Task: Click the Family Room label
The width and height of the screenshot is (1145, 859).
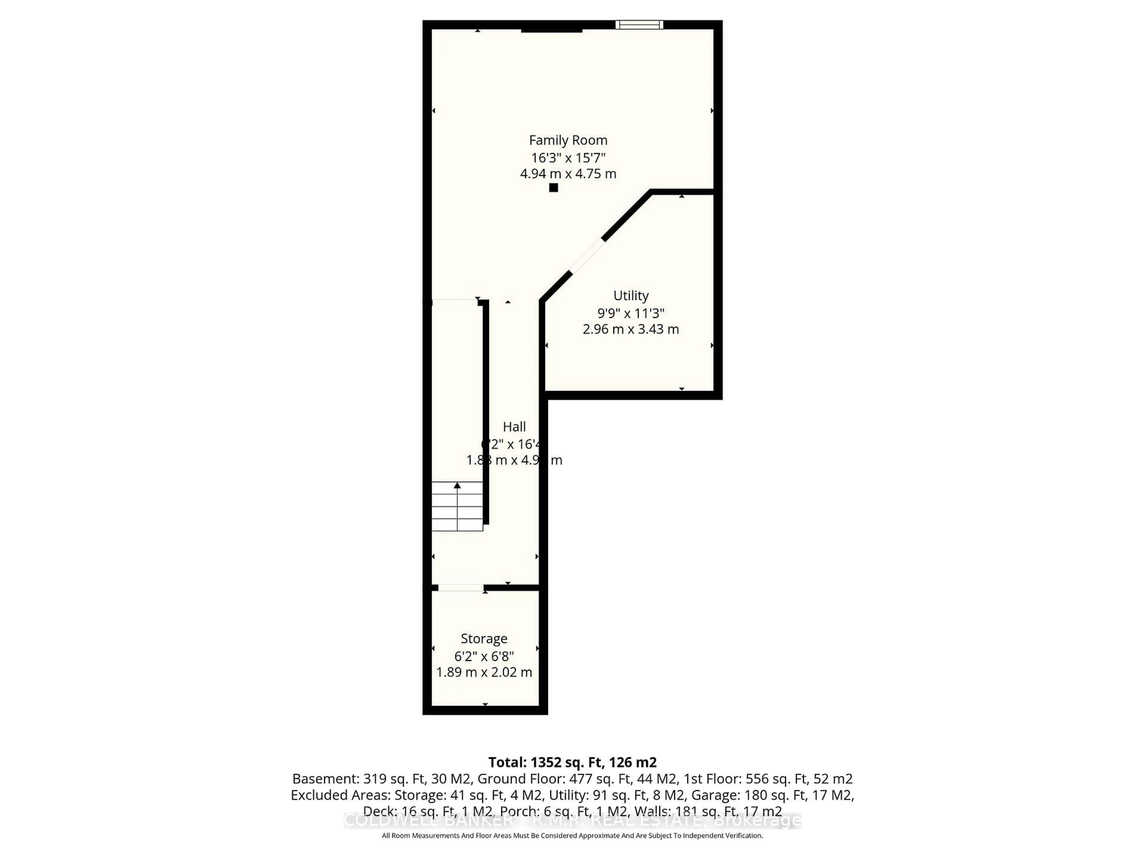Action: (568, 140)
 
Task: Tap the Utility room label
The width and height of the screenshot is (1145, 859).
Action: (630, 296)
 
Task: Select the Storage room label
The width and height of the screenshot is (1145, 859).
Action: (484, 638)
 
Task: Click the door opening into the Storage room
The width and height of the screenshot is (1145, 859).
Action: (461, 588)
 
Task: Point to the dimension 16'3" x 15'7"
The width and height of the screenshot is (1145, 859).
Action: (568, 157)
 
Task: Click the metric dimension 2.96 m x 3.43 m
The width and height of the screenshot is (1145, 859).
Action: (630, 329)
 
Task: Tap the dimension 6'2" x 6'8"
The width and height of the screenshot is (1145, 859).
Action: (484, 656)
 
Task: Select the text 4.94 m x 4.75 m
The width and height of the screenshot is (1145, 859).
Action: (568, 174)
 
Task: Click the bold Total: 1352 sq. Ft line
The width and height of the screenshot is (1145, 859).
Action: (572, 762)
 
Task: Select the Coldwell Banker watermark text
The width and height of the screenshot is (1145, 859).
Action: (572, 821)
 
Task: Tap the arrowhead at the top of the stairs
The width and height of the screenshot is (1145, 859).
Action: (457, 486)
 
